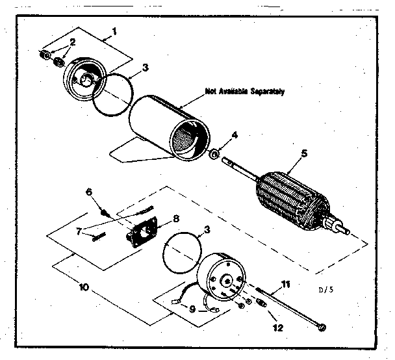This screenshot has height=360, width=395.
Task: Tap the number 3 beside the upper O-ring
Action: point(145,67)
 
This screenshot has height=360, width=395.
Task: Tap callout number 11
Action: point(284,284)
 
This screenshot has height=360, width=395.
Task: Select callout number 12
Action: point(277,328)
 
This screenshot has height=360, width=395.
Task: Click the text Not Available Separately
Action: point(244,92)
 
